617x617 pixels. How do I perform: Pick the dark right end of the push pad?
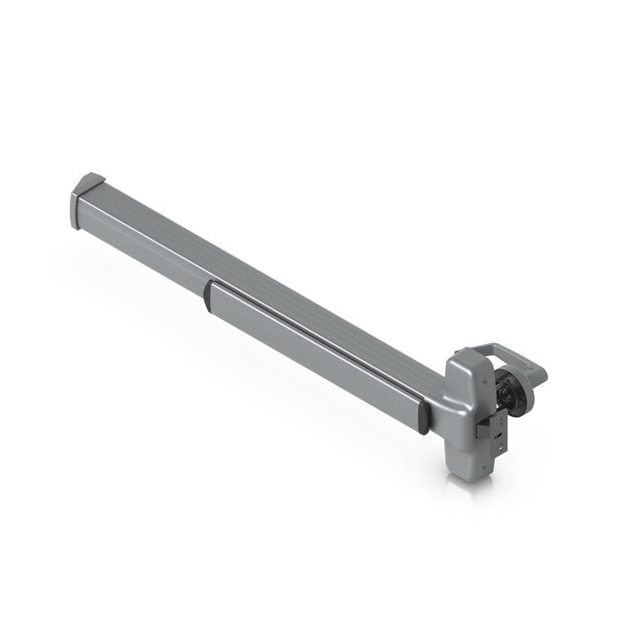pyautogui.click(x=424, y=416)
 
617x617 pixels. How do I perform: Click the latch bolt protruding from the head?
pyautogui.click(x=483, y=430)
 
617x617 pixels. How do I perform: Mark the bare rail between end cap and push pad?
pyautogui.click(x=145, y=242)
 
